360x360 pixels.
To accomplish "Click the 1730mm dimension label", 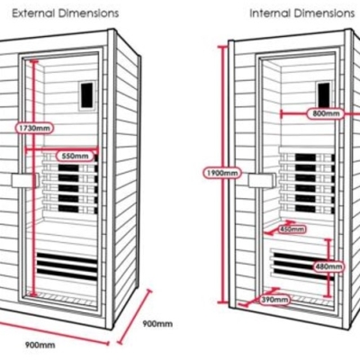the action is [34, 128].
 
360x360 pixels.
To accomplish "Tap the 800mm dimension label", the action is [326, 113].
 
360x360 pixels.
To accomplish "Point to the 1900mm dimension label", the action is [222, 173].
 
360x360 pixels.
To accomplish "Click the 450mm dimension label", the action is [292, 229].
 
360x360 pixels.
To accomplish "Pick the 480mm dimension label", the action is [329, 266].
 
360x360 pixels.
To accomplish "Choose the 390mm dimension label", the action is [274, 300].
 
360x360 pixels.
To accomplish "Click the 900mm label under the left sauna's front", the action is [40, 345].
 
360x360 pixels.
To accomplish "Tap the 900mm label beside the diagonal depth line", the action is [157, 324].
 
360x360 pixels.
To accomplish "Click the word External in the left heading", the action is [33, 13].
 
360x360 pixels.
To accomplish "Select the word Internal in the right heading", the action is [270, 13].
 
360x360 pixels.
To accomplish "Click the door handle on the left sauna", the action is [25, 181].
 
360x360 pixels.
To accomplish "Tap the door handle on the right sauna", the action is [262, 181].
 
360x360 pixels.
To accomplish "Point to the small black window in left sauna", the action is [87, 95].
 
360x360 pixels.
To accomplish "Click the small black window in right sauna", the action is [324, 94].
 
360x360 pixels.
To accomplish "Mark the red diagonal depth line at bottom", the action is [135, 316].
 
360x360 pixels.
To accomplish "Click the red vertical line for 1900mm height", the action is [223, 175].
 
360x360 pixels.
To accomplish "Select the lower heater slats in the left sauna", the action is [67, 266].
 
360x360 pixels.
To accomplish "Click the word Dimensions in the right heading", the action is [324, 13].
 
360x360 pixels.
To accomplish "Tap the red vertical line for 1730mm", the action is [34, 178].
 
